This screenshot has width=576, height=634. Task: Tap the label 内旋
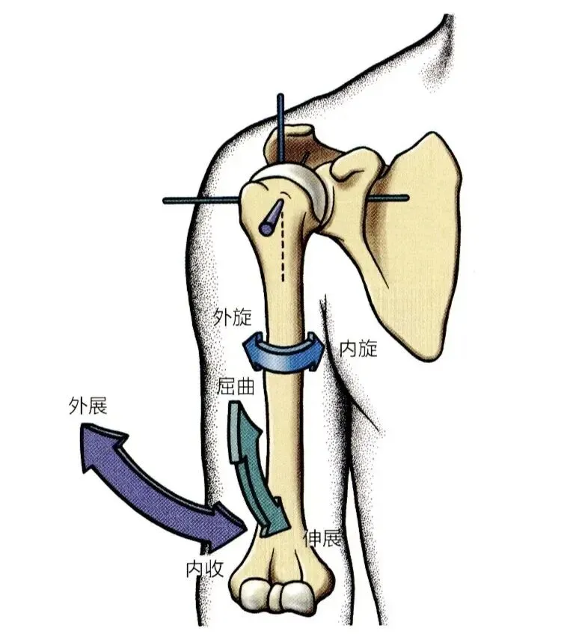358,348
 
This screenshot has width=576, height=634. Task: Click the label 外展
87,406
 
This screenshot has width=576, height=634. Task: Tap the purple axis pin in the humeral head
271,216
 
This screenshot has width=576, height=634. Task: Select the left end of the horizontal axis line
167,201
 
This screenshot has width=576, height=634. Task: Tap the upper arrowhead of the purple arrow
97,445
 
